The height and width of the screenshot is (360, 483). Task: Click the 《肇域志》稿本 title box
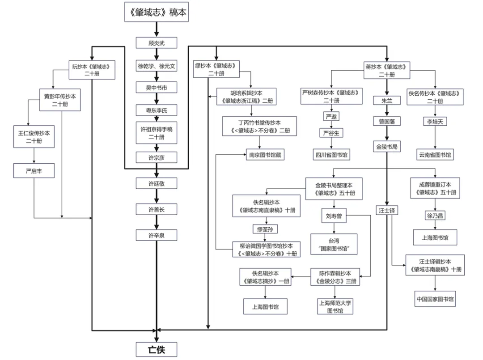[x=156, y=13]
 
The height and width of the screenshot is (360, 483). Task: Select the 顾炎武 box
[x=157, y=43]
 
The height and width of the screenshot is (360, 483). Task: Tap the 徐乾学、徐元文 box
[x=157, y=66]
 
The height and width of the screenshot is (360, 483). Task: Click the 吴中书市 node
[x=157, y=88]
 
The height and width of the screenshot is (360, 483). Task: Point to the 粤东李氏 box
[x=157, y=110]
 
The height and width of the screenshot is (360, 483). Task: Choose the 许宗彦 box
[x=157, y=157]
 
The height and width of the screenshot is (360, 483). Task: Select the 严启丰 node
[x=34, y=170]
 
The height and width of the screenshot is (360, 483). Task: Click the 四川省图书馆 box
[x=331, y=155]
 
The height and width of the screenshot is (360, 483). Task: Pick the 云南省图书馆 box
[x=435, y=155]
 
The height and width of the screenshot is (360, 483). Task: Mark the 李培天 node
[x=435, y=122]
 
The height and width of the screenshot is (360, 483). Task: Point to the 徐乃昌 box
[x=435, y=216]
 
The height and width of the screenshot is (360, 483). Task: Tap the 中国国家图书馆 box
[x=435, y=299]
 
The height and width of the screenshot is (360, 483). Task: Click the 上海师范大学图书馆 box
[x=335, y=307]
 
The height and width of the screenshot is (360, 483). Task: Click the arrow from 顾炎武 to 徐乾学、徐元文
[x=157, y=55]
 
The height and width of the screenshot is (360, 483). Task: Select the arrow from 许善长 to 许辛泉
[x=157, y=222]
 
